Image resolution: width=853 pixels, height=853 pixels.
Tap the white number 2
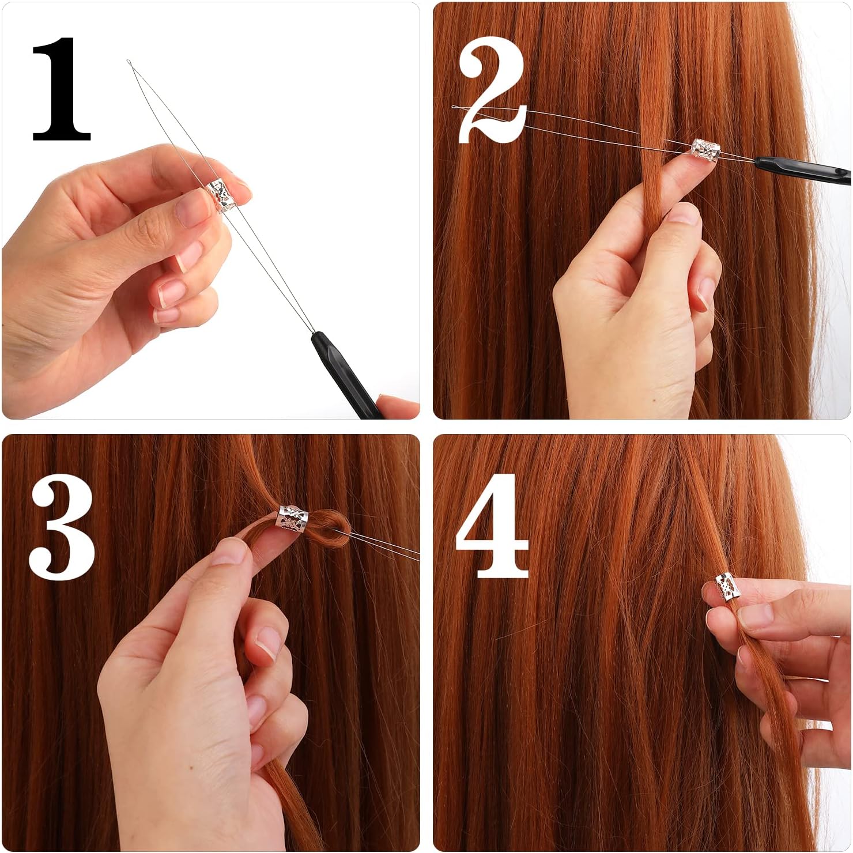[x=493, y=92]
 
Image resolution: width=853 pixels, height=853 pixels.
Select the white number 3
[x=62, y=529]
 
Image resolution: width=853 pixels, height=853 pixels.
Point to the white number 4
[x=493, y=526]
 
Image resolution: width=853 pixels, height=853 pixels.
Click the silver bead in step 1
[x=220, y=195]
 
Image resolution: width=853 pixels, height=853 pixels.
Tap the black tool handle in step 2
[x=807, y=169]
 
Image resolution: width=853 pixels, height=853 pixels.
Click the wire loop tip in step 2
[x=455, y=108]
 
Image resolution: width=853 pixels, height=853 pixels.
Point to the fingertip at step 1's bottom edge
[x=398, y=407]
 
